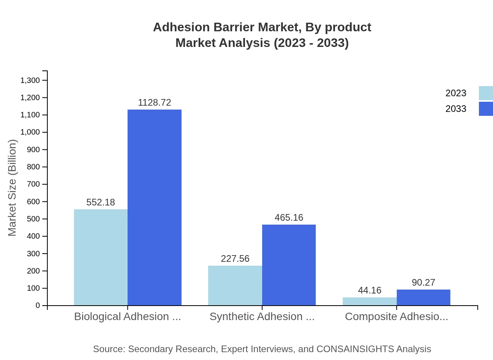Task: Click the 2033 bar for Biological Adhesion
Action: click(x=155, y=207)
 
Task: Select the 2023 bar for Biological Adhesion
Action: click(x=101, y=257)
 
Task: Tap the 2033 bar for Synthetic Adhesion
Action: click(x=289, y=265)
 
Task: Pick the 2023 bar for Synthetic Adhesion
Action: click(x=235, y=286)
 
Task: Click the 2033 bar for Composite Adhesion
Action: click(x=423, y=297)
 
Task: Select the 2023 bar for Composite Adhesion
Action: click(x=370, y=301)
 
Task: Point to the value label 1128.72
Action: click(x=155, y=103)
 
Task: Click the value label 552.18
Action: click(x=101, y=202)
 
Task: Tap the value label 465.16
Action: click(x=289, y=218)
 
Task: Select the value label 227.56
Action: click(x=235, y=259)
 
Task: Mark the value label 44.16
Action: click(x=370, y=290)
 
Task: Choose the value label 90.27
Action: click(x=423, y=283)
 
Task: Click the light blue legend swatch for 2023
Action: click(x=486, y=93)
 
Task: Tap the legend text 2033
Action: click(x=456, y=109)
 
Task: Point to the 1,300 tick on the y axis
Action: click(x=30, y=81)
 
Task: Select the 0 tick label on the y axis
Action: click(x=38, y=306)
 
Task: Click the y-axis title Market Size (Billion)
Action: click(x=13, y=188)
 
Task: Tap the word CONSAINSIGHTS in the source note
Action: click(x=355, y=349)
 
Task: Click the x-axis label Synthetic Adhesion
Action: click(x=262, y=317)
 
